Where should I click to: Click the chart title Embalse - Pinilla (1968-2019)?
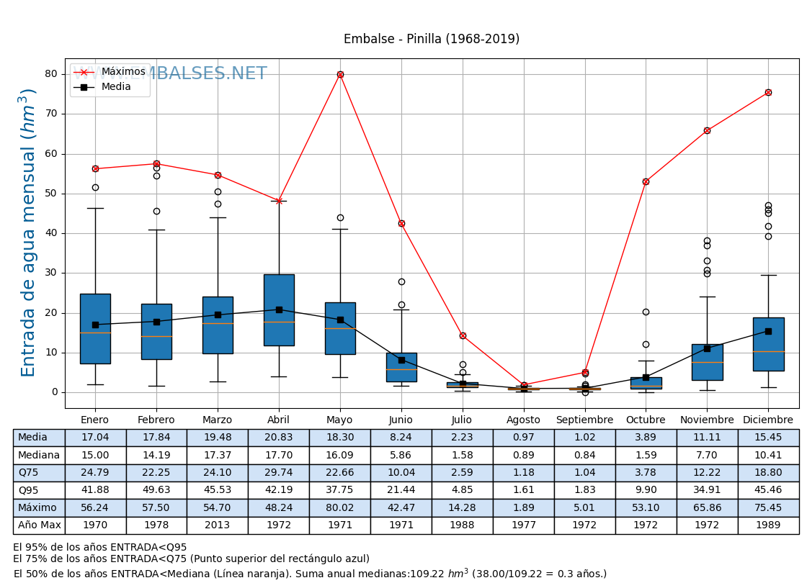click(431, 40)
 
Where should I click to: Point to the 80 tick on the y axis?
click(51, 74)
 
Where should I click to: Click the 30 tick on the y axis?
click(51, 273)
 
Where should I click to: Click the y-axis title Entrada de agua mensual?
click(28, 232)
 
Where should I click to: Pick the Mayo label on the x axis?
click(339, 420)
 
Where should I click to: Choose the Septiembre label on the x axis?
click(584, 420)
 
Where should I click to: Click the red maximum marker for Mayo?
click(340, 74)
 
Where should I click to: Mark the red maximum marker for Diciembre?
click(768, 92)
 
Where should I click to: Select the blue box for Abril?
click(279, 309)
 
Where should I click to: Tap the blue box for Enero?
click(95, 328)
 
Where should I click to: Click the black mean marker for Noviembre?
click(707, 348)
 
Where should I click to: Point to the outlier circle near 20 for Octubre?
click(646, 312)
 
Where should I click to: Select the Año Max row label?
click(39, 525)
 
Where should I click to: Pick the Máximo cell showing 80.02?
click(339, 508)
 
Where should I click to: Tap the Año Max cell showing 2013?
click(217, 525)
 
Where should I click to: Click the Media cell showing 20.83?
click(278, 438)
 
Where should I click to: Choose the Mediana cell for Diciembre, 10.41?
click(768, 455)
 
